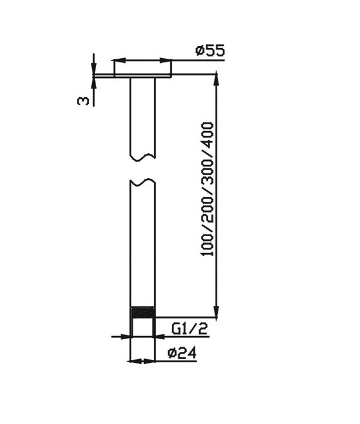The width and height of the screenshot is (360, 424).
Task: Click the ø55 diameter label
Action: coord(209,51)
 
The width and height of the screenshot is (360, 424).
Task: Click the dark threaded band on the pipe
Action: coord(143,314)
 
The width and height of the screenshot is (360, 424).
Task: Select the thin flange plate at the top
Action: coord(142,75)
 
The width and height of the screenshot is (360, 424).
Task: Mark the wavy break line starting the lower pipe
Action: coord(143,181)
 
